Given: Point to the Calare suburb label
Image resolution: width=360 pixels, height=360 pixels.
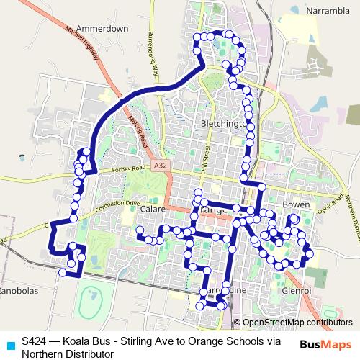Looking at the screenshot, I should click(153, 209).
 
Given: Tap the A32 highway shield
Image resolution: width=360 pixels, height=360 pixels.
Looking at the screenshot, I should click(161, 166).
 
